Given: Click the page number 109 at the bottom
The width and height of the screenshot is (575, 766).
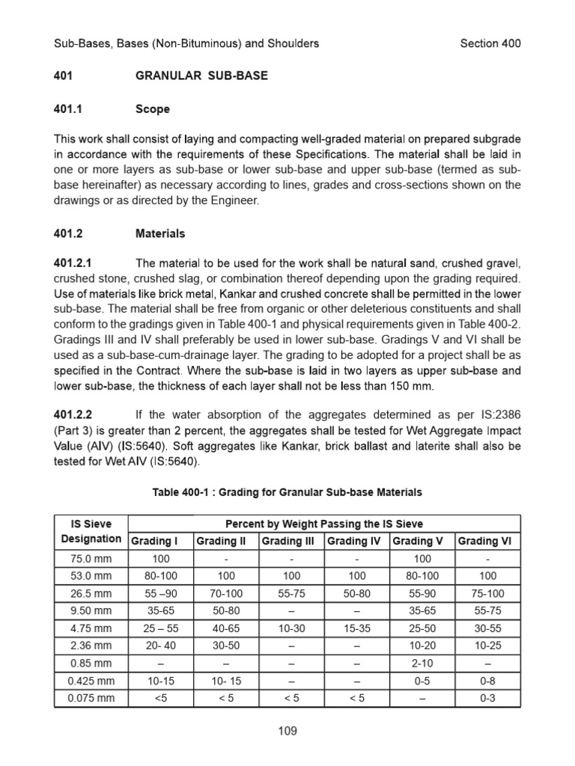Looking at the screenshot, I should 287,731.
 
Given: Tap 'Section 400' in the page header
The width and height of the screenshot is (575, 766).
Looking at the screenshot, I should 490,43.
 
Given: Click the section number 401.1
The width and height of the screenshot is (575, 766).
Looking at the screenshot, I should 67,109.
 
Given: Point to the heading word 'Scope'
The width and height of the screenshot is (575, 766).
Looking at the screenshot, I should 152,109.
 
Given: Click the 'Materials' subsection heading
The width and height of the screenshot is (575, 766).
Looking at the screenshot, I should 159,233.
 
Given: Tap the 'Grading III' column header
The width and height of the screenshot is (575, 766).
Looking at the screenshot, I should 291,541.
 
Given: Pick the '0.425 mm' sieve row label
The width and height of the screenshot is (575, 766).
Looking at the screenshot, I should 91,681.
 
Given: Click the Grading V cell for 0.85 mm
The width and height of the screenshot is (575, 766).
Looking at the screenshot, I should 422,664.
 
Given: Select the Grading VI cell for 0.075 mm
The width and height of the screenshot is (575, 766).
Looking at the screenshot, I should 487,698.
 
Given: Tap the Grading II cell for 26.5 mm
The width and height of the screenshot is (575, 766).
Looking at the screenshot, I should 225,594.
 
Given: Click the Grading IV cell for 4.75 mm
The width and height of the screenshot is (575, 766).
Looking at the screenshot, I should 356,629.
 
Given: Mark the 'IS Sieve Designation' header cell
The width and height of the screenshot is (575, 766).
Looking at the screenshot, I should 91,531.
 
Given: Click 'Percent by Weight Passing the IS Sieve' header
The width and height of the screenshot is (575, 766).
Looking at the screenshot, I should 324,523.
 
